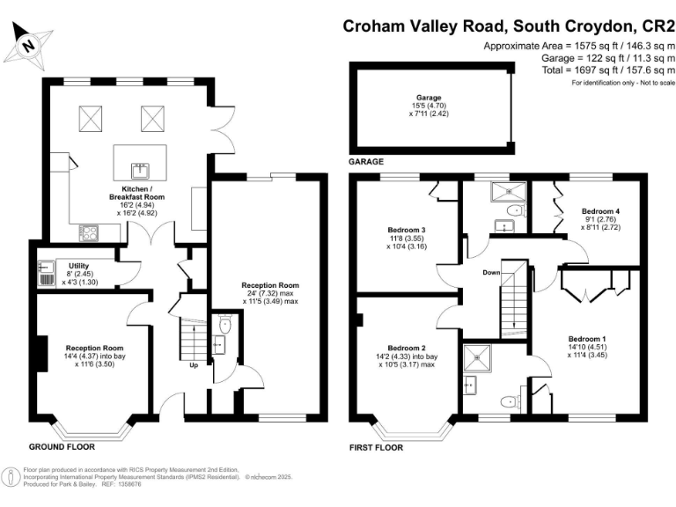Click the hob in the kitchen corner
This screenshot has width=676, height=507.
coord(90,232)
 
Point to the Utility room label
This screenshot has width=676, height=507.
coord(67,264)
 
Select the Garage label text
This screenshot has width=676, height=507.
coord(429,98)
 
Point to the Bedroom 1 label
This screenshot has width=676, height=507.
coord(586,339)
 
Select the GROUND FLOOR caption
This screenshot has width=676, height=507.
coord(62,447)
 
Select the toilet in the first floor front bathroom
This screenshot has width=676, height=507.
coord(506,402)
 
